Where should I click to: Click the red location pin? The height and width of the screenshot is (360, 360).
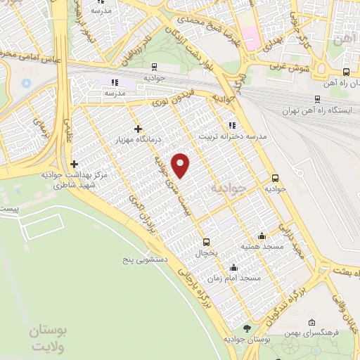coord(181,165)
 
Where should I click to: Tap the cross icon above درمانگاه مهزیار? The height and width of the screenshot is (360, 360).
coord(138,129)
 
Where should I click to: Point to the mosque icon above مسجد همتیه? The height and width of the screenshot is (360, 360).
coord(262,236)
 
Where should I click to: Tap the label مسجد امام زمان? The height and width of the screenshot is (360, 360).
coord(239,278)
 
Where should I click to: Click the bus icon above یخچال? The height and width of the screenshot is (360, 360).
coord(205,240)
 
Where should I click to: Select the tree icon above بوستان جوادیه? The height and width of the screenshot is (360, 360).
coord(246,328)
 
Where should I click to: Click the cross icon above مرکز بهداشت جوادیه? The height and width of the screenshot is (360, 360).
coord(73,164)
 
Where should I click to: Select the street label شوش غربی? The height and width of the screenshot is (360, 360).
coord(286,69)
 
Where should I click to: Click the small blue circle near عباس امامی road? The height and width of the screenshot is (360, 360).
coord(26,82)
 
